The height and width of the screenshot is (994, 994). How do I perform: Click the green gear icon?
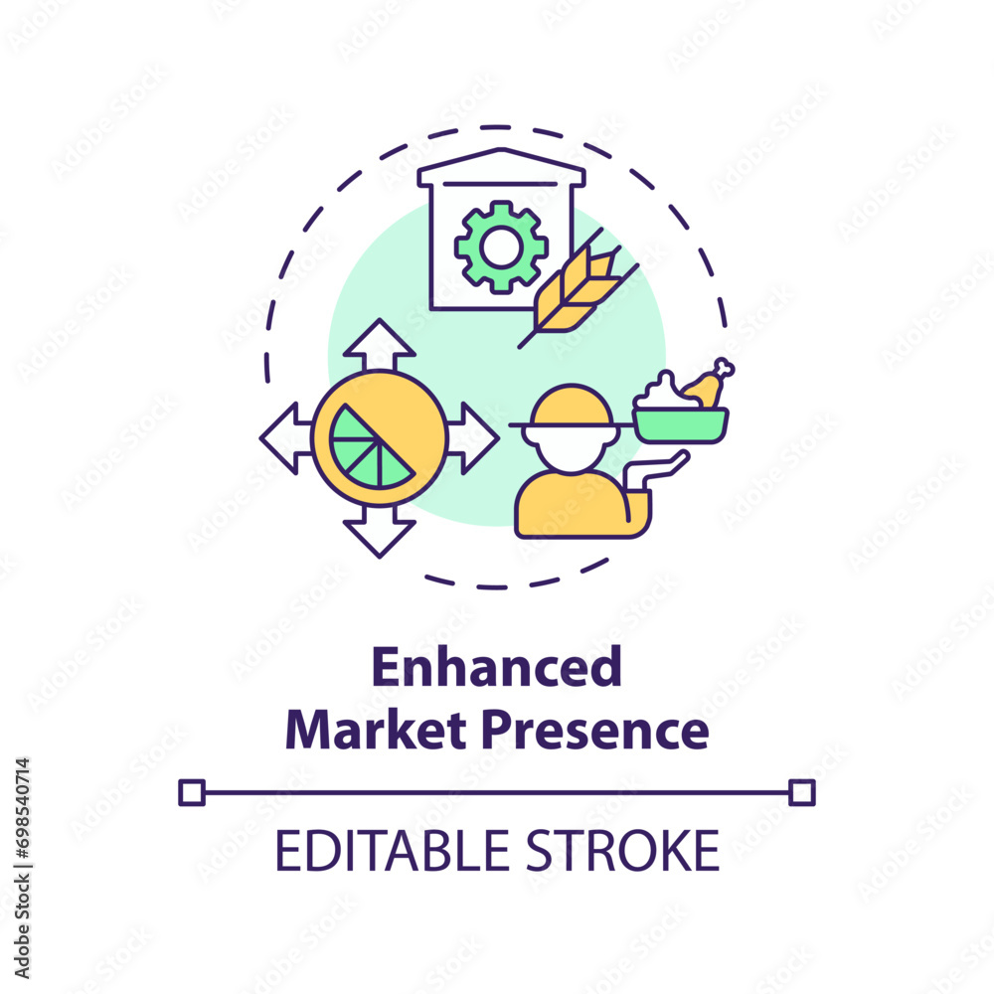pos(501,248)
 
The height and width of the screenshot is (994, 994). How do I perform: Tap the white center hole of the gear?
pos(501,248)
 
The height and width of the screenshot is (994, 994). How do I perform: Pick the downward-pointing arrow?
pos(379,531)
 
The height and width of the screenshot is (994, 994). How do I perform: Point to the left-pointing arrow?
pos(286,438)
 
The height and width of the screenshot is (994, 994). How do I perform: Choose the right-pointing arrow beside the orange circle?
pos(472,438)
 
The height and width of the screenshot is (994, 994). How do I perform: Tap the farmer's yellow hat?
pos(571,407)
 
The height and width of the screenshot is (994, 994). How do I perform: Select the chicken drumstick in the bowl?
pos(709,384)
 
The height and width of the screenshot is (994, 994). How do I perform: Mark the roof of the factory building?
pos(501,167)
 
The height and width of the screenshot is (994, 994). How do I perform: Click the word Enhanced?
pos(496,667)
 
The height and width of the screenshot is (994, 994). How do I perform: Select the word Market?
pos(376,730)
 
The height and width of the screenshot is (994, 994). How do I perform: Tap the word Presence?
pos(595,731)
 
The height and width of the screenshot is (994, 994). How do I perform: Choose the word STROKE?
pos(622,851)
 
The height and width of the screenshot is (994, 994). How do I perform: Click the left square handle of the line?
pos(192,793)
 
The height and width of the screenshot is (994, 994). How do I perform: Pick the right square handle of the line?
pos(802,793)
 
